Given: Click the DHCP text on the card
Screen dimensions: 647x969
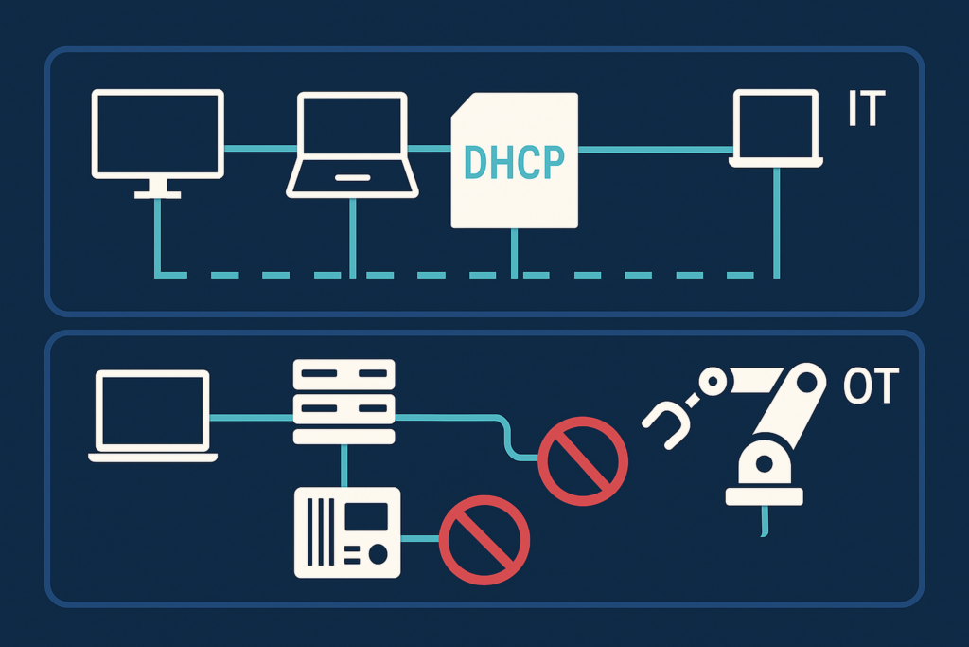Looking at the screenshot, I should (514, 162).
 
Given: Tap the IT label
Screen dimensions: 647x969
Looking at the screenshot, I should (864, 110).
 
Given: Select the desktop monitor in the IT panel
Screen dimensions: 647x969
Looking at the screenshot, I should (157, 134).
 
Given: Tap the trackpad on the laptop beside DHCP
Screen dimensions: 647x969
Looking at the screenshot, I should (352, 177).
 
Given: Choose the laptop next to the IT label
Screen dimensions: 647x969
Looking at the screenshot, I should (776, 128).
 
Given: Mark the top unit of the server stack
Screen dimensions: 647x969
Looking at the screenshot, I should (344, 372).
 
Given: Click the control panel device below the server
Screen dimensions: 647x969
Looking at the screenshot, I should (348, 532).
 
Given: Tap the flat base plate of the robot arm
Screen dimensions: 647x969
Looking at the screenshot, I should (764, 495).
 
